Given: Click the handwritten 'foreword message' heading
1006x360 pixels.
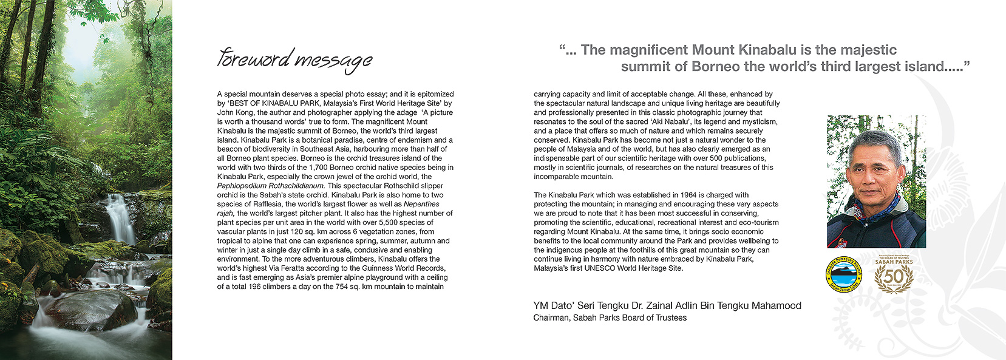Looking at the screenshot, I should coord(294,59).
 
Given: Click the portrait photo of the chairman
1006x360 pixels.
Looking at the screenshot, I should coord(875,181).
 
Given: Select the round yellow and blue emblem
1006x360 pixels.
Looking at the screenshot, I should coord(844,275).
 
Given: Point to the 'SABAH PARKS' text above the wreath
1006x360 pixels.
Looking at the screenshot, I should coord(894,262).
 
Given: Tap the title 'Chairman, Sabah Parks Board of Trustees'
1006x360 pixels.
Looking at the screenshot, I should coord(610,318).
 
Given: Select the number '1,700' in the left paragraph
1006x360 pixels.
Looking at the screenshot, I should coord(319,168).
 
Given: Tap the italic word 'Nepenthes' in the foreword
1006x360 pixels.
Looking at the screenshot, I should coord(421,204).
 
